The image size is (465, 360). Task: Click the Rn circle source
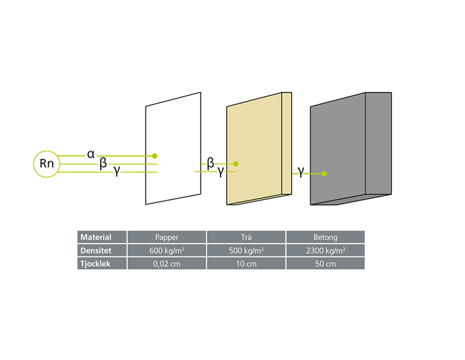pyautogui.click(x=48, y=164)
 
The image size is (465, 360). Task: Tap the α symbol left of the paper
pyautogui.click(x=90, y=155)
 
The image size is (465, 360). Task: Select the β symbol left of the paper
pyautogui.click(x=103, y=164)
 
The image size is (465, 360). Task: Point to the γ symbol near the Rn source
pyautogui.click(x=117, y=172)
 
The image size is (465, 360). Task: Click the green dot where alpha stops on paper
pyautogui.click(x=155, y=156)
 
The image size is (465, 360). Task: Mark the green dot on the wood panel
pyautogui.click(x=236, y=164)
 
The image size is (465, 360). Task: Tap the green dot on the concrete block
pyautogui.click(x=324, y=174)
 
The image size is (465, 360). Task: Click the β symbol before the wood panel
pyautogui.click(x=210, y=163)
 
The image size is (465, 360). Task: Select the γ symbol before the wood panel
pyautogui.click(x=220, y=172)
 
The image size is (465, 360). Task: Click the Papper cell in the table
pyautogui.click(x=167, y=237)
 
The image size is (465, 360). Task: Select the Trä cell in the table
pyautogui.click(x=246, y=237)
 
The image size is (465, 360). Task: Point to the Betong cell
pyautogui.click(x=326, y=237)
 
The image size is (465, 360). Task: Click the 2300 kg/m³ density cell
pyautogui.click(x=326, y=250)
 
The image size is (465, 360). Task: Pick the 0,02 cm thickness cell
pyautogui.click(x=167, y=263)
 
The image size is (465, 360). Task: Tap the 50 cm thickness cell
pyautogui.click(x=326, y=263)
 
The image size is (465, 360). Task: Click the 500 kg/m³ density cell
pyautogui.click(x=246, y=250)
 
